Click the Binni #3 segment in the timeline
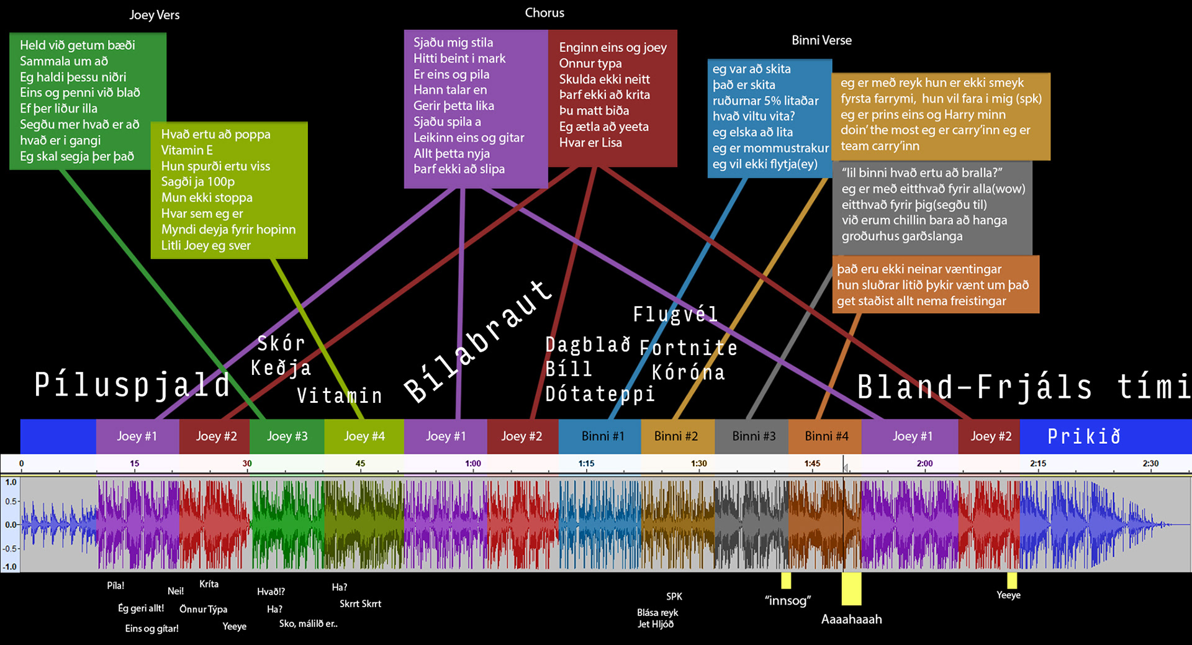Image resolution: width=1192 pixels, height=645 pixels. (753, 436)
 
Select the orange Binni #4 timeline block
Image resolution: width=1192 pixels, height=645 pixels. (826, 436)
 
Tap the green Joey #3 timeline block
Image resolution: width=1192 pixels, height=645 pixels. (287, 436)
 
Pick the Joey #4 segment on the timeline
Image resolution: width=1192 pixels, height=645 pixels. (364, 436)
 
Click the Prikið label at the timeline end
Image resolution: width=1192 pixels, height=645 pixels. (1084, 436)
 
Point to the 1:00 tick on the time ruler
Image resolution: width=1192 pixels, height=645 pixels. (473, 464)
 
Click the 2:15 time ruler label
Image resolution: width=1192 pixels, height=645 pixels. (1038, 464)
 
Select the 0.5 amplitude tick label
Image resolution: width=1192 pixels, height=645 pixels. (11, 502)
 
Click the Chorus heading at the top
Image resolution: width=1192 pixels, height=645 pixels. (544, 13)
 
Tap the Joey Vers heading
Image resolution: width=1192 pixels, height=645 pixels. (154, 15)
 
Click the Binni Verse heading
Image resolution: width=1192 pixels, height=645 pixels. (821, 40)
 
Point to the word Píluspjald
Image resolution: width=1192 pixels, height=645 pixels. (132, 385)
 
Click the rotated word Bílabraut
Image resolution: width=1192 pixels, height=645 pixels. (478, 341)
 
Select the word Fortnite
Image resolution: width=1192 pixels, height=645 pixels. (689, 348)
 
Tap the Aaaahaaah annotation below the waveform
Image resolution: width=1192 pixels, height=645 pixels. (851, 619)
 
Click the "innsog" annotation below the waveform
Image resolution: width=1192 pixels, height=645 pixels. (788, 600)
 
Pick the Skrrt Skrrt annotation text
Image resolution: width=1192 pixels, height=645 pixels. (360, 603)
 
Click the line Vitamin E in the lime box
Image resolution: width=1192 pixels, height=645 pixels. (187, 150)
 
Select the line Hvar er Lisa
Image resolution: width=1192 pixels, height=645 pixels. (590, 142)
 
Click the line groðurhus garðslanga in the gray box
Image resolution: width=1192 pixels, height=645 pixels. (901, 236)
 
